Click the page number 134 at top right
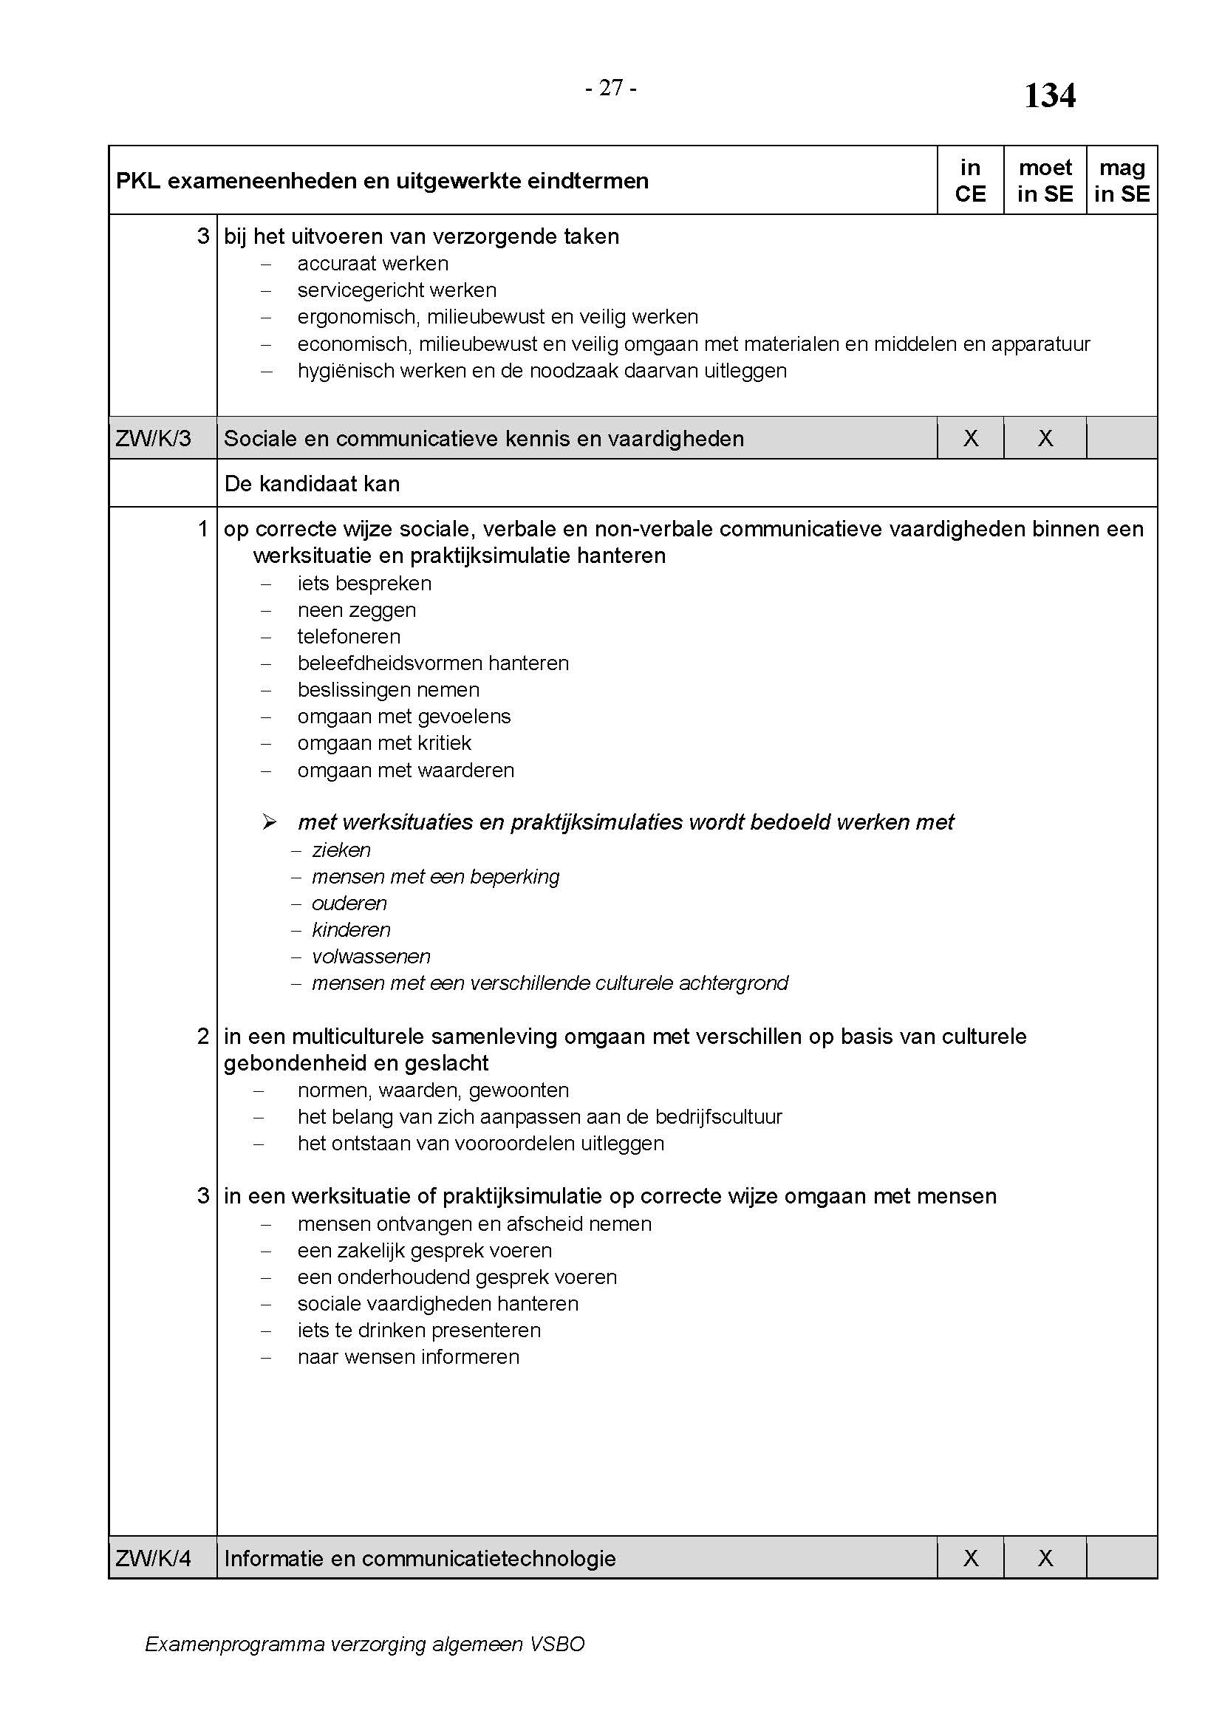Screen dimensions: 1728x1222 (x=1050, y=96)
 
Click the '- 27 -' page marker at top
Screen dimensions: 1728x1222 (x=610, y=89)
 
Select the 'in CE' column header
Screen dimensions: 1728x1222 (x=970, y=180)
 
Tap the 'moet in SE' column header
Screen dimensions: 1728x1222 (x=1045, y=180)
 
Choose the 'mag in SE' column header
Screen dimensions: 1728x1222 (x=1122, y=180)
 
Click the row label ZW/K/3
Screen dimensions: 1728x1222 (x=154, y=438)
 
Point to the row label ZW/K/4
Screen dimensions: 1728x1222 (x=154, y=1558)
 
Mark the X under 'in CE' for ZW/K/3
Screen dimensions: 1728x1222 (x=971, y=438)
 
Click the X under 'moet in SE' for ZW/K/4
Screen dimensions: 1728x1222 (x=1045, y=1558)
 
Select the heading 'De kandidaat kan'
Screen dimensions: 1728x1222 (x=312, y=484)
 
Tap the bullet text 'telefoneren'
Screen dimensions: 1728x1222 (x=349, y=637)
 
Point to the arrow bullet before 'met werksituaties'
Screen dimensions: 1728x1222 (x=270, y=822)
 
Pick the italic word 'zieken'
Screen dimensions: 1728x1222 (x=341, y=850)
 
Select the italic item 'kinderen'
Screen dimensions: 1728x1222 (x=351, y=930)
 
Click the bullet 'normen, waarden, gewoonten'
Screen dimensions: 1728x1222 (x=433, y=1090)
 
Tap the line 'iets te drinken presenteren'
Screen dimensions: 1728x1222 (x=418, y=1330)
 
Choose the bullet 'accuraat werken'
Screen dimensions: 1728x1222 (x=372, y=264)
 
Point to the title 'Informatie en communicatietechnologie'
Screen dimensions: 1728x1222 (x=420, y=1558)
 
